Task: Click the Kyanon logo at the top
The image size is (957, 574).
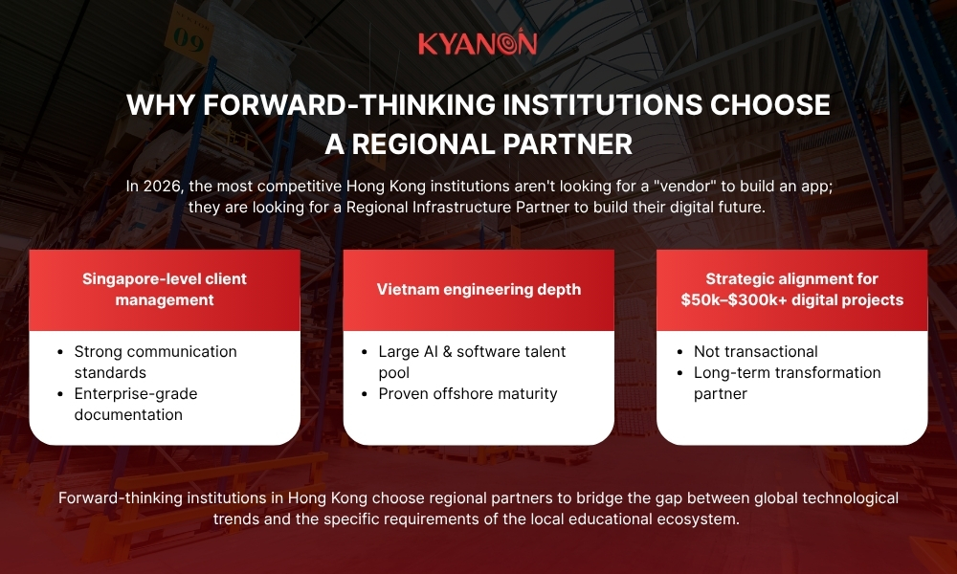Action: coord(478,44)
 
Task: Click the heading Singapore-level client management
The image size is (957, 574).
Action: coord(165,289)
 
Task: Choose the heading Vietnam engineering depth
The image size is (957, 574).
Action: coord(478,289)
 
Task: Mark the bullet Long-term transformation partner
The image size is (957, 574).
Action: coord(787,383)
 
